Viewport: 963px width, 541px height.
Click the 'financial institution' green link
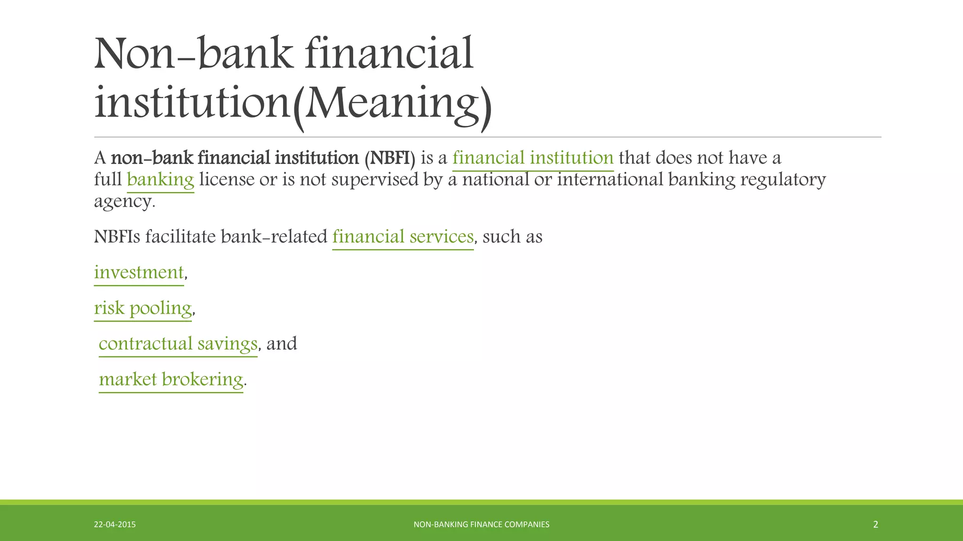533,158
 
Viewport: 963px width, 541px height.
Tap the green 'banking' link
160,180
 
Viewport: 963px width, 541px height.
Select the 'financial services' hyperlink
403,237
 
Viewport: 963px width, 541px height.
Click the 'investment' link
139,272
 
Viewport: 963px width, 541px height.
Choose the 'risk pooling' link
142,308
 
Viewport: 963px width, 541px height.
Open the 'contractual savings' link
178,344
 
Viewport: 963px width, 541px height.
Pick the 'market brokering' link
171,379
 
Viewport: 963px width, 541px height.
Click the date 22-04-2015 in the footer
115,525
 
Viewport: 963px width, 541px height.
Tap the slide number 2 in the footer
875,525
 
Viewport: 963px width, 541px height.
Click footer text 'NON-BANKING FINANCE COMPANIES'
481,525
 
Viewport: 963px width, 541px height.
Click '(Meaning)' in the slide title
392,104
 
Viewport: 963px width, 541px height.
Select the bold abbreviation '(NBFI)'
390,158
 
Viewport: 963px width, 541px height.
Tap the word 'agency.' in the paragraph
125,201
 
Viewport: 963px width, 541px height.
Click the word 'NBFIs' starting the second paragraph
117,237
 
